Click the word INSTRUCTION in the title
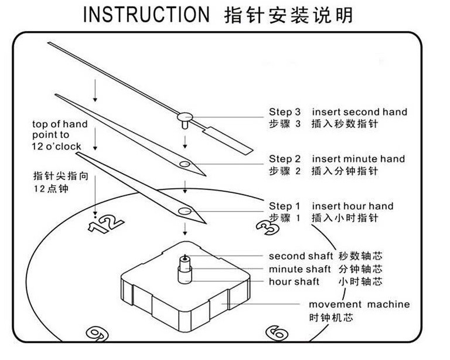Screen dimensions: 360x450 click(x=145, y=14)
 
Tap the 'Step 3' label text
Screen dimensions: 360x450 click(x=285, y=111)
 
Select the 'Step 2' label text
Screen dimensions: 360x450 click(x=285, y=159)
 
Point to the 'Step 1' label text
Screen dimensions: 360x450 click(x=285, y=206)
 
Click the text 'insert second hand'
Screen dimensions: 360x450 click(x=359, y=111)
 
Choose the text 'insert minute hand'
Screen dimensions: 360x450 click(x=358, y=159)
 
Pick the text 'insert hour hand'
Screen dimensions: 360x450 click(x=352, y=206)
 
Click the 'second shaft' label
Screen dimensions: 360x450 click(x=295, y=256)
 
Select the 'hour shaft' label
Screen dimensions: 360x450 click(x=294, y=282)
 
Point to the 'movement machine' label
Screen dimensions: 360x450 click(x=359, y=304)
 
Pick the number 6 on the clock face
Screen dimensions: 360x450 click(x=276, y=332)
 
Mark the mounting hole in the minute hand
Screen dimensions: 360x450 click(x=185, y=164)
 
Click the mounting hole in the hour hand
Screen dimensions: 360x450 click(x=186, y=210)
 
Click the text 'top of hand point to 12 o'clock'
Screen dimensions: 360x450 click(x=60, y=135)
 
